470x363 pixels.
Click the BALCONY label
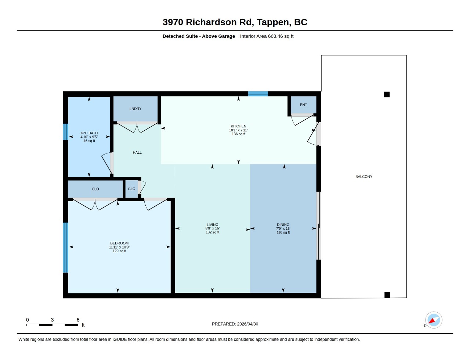tap(364, 177)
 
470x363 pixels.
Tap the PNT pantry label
tap(303, 105)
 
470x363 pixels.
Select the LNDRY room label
tap(135, 109)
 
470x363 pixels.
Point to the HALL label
tap(137, 153)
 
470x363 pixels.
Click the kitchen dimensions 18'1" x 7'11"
tap(238, 130)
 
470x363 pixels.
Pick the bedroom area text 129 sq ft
tap(119, 251)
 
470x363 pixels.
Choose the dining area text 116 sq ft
tap(283, 232)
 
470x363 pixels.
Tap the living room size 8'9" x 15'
tap(212, 228)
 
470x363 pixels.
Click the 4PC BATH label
tap(89, 133)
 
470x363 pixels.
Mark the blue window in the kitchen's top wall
tap(258, 94)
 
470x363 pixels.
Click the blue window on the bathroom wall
tap(65, 132)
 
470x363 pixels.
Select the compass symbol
tap(433, 320)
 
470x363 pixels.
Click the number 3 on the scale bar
tap(53, 320)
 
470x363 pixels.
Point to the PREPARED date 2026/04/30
tap(247, 324)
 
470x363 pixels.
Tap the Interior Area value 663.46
tap(275, 36)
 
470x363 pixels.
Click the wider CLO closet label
tap(95, 189)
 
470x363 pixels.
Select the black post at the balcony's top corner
tap(387, 94)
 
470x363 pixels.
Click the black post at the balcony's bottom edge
tap(387, 295)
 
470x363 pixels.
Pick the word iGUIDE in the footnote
tap(120, 340)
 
